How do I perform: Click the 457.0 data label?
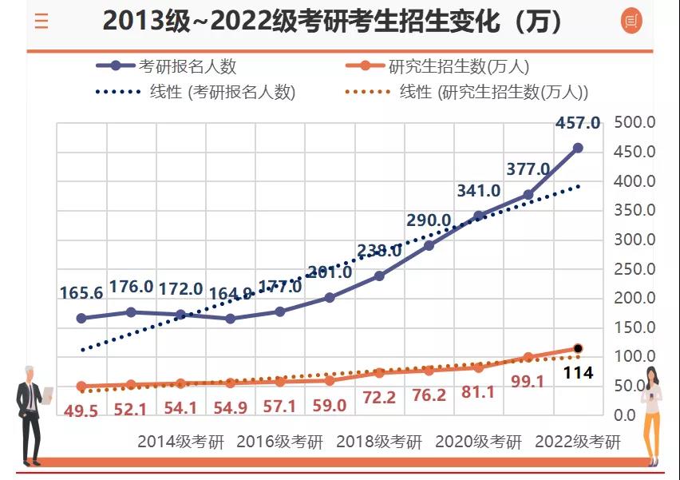(578, 124)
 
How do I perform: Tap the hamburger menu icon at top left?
(42, 22)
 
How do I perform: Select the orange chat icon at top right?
(631, 22)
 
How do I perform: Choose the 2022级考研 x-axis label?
(577, 442)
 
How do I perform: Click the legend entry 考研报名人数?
(188, 67)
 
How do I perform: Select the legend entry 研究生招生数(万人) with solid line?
(459, 67)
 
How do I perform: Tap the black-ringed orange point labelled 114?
(578, 348)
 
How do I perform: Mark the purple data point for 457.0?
(578, 148)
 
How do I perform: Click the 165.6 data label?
(81, 293)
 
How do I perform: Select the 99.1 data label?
(528, 382)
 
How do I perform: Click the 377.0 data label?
(528, 169)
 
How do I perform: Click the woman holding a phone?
(652, 415)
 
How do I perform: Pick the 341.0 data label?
(479, 190)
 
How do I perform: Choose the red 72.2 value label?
(379, 398)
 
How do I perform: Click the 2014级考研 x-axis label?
(181, 442)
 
